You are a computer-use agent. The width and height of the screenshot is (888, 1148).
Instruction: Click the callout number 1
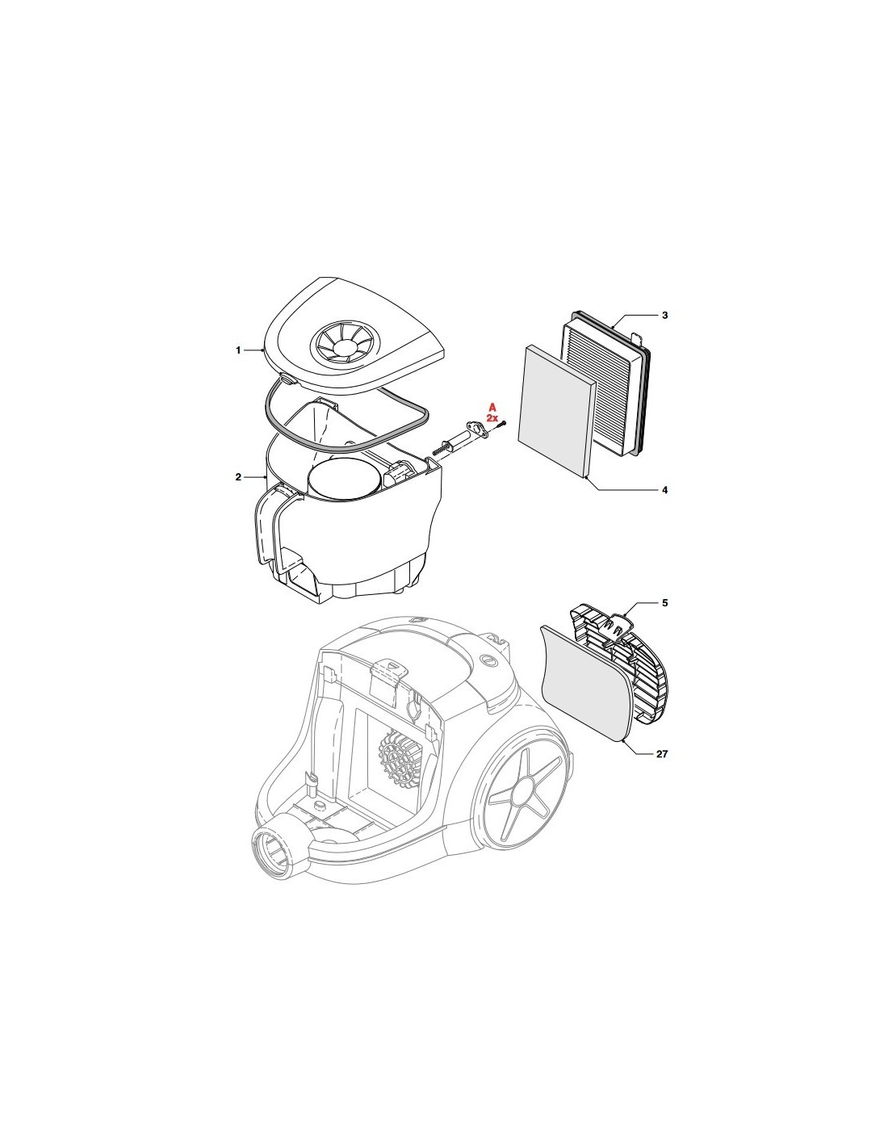[x=238, y=350]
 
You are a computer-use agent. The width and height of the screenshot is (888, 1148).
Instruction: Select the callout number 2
[x=238, y=477]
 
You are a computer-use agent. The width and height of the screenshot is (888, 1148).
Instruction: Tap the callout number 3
[x=664, y=316]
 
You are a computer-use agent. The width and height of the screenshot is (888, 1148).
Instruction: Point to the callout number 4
[x=664, y=490]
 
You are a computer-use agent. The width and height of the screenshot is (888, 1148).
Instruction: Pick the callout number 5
[x=664, y=603]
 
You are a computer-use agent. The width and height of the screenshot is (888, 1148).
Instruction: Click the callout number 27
[x=662, y=754]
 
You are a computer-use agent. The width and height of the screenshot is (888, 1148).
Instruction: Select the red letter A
[x=492, y=408]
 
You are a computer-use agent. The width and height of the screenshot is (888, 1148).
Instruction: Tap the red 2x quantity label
[x=492, y=417]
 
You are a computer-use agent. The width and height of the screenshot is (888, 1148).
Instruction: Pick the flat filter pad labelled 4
[x=558, y=411]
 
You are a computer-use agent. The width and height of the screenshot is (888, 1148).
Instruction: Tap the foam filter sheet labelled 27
[x=587, y=683]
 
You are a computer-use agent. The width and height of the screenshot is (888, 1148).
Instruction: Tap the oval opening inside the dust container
[x=344, y=478]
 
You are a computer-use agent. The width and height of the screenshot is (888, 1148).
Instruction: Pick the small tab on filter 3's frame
[x=638, y=335]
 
